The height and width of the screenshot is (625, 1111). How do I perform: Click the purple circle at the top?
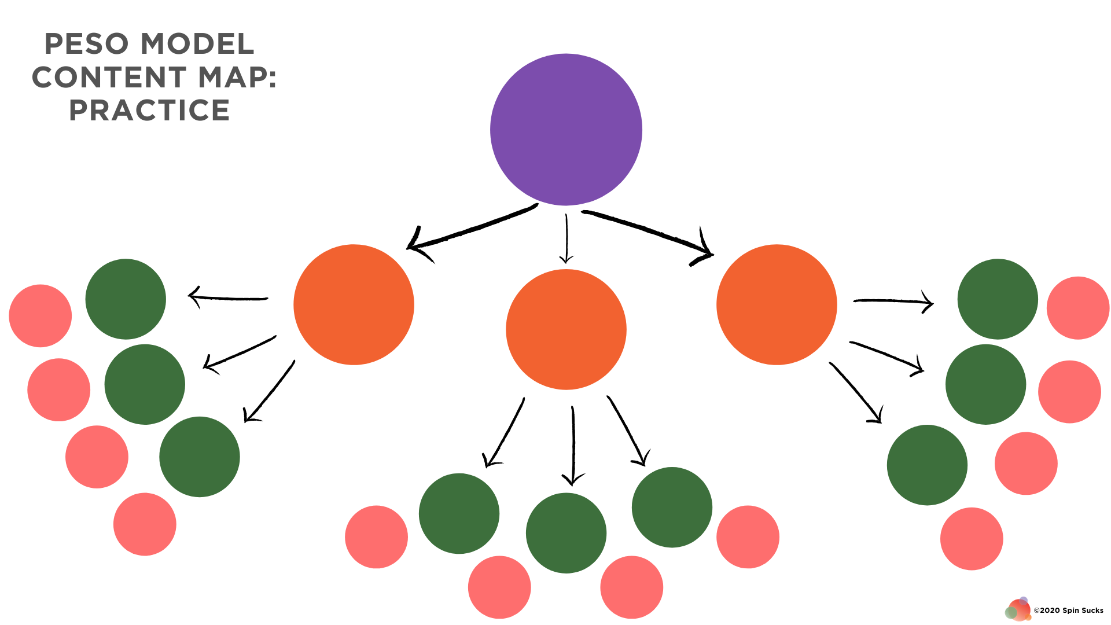[566, 130]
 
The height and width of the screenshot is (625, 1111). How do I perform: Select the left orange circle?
[354, 304]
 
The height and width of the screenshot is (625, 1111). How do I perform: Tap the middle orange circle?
[566, 329]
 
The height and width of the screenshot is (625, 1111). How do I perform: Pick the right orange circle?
[777, 304]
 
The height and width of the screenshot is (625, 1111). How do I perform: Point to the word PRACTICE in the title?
[149, 110]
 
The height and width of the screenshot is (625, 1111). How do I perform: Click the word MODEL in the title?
[197, 44]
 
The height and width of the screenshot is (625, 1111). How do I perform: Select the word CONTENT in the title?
[109, 77]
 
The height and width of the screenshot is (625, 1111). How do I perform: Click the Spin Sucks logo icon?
[1018, 609]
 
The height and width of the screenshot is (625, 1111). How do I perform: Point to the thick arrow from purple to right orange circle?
[648, 233]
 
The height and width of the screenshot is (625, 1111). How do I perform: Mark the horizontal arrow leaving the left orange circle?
[229, 297]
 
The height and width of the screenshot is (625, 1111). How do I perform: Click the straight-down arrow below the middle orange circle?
[573, 446]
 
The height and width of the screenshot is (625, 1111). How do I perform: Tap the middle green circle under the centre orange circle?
[566, 533]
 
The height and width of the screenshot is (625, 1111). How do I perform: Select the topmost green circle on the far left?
[126, 299]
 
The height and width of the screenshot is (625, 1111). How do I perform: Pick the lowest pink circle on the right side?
[972, 539]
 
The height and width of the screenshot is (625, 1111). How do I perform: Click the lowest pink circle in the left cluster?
[145, 524]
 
